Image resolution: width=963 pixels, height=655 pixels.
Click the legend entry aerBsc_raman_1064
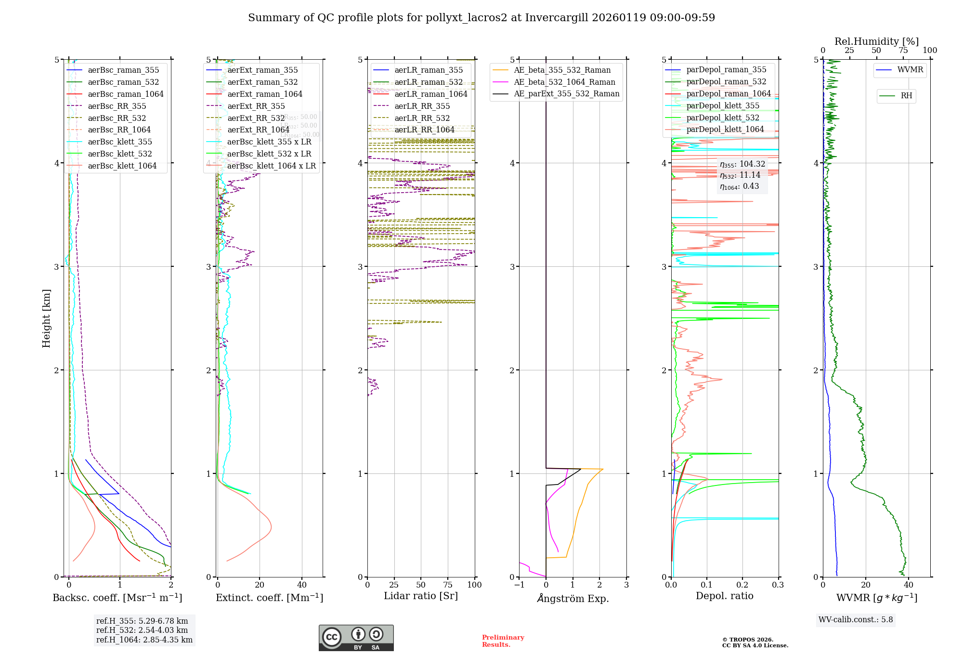(x=126, y=94)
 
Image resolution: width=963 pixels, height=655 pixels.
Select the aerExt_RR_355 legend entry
(x=256, y=106)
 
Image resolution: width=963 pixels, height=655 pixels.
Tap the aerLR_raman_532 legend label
(x=429, y=82)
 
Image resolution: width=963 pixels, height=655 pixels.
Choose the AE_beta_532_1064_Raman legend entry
(x=564, y=82)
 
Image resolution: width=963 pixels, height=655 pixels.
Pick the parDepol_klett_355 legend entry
(x=723, y=105)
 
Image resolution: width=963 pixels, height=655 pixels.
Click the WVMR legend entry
(x=910, y=70)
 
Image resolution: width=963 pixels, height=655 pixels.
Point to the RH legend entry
(x=906, y=96)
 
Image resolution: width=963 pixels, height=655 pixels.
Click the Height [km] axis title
(x=46, y=318)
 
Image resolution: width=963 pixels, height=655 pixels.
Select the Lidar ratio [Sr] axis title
(x=420, y=596)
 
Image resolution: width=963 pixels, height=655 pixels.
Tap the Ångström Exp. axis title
(x=573, y=598)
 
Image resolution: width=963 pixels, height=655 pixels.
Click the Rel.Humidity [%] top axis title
(x=876, y=41)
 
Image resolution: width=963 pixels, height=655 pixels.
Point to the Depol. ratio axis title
(x=724, y=596)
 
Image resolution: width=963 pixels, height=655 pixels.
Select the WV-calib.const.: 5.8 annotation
(x=856, y=619)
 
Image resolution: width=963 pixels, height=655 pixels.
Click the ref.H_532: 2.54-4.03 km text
(x=142, y=630)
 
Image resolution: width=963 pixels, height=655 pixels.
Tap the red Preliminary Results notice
(x=503, y=641)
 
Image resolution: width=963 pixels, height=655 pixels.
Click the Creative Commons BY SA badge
(x=356, y=638)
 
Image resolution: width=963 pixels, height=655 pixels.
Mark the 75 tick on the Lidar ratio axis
(x=448, y=585)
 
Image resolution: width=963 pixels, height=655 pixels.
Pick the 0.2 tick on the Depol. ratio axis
(x=742, y=585)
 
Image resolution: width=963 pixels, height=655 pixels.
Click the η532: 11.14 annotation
(x=740, y=175)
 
